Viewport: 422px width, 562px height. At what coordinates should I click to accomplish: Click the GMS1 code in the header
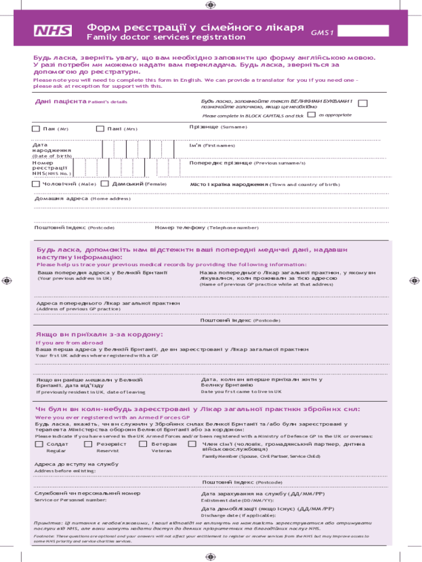point(323,33)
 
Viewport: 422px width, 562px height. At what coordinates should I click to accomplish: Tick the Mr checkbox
point(36,129)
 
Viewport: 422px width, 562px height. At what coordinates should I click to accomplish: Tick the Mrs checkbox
point(100,129)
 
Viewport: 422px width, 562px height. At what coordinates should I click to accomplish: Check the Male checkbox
point(36,184)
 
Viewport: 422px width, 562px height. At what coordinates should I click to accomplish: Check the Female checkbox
point(105,184)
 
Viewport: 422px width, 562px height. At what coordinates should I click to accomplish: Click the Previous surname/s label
point(247,163)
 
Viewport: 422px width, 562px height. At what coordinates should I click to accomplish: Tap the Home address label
point(82,199)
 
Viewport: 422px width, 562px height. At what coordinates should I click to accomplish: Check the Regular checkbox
point(39,444)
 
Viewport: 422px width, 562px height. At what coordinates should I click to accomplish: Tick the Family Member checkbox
point(192,444)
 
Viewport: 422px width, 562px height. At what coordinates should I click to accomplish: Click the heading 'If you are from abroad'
point(70,343)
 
